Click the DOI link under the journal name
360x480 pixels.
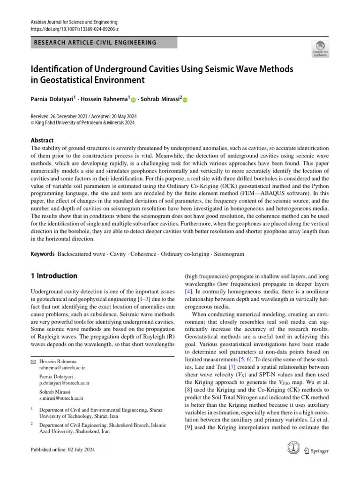[x=67, y=29]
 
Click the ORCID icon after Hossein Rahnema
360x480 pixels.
[x=133, y=100]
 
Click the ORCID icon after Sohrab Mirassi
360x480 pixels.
[x=184, y=100]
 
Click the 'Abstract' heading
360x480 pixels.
[x=42, y=140]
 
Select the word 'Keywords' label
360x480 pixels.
[x=42, y=254]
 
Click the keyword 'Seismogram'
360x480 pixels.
[x=229, y=254]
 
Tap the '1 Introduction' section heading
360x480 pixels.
[x=54, y=276]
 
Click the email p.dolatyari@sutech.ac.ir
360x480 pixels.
[x=65, y=383]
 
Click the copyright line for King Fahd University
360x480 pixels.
[x=82, y=123]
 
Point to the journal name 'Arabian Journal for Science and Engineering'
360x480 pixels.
[x=74, y=22]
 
